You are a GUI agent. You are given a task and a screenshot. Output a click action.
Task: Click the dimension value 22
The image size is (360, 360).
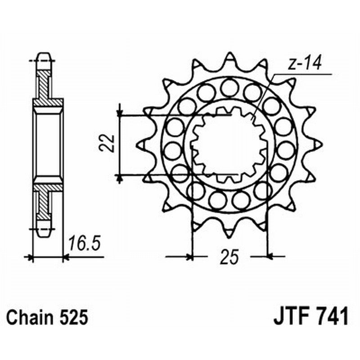click(x=106, y=144)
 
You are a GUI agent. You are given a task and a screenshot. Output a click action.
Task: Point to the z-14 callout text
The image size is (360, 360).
click(x=304, y=64)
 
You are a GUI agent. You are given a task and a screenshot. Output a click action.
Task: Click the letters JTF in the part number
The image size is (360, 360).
click(x=291, y=317)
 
